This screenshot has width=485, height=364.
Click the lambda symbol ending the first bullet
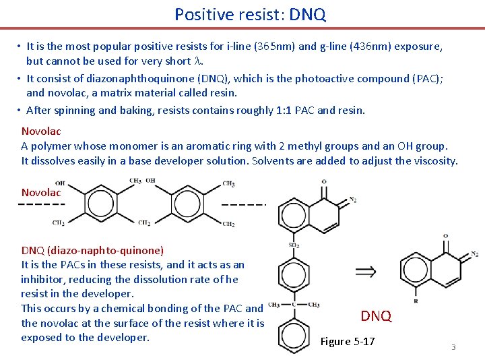(x=198, y=61)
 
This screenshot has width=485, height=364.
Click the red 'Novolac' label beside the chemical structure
(x=41, y=193)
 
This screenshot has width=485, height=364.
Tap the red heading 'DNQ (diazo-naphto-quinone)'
(x=92, y=250)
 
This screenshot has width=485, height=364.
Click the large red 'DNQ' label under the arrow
(x=376, y=316)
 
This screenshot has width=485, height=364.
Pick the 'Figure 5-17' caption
(x=348, y=341)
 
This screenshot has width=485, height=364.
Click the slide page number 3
(x=453, y=347)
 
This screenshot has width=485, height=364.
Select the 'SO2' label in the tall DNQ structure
(x=294, y=245)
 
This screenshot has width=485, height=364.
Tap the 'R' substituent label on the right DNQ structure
(x=415, y=302)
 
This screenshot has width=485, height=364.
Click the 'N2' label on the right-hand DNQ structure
(x=474, y=254)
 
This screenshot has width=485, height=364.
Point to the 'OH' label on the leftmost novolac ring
(x=60, y=183)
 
